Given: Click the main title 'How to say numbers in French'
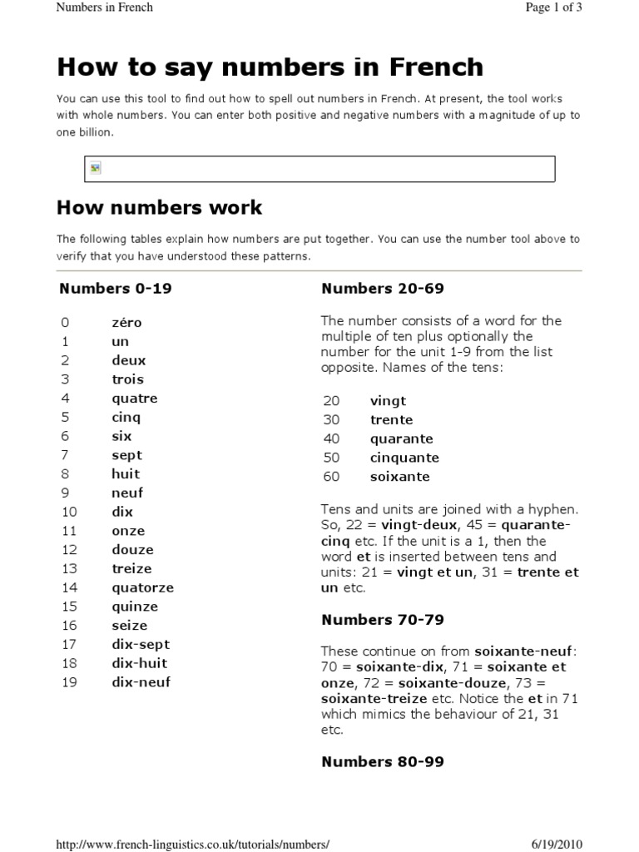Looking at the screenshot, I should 270,67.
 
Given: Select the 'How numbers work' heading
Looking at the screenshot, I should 159,207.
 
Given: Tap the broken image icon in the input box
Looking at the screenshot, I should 96,169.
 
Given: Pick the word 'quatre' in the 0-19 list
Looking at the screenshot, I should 134,399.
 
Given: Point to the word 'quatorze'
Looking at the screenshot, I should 142,587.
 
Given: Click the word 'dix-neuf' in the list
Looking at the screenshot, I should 141,682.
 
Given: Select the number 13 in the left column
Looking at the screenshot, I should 68,569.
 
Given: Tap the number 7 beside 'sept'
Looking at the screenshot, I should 65,455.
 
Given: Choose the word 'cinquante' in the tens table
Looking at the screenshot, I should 404,458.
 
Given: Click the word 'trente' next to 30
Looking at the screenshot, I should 391,420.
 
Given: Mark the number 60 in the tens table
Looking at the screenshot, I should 331,477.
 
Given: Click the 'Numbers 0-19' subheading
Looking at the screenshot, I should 116,290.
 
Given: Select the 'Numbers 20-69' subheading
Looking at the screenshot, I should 383,290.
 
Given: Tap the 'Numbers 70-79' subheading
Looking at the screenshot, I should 383,620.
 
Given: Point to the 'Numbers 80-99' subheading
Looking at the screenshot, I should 383,761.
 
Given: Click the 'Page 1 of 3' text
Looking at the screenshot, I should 548,7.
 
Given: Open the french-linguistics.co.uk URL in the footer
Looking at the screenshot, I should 192,844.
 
